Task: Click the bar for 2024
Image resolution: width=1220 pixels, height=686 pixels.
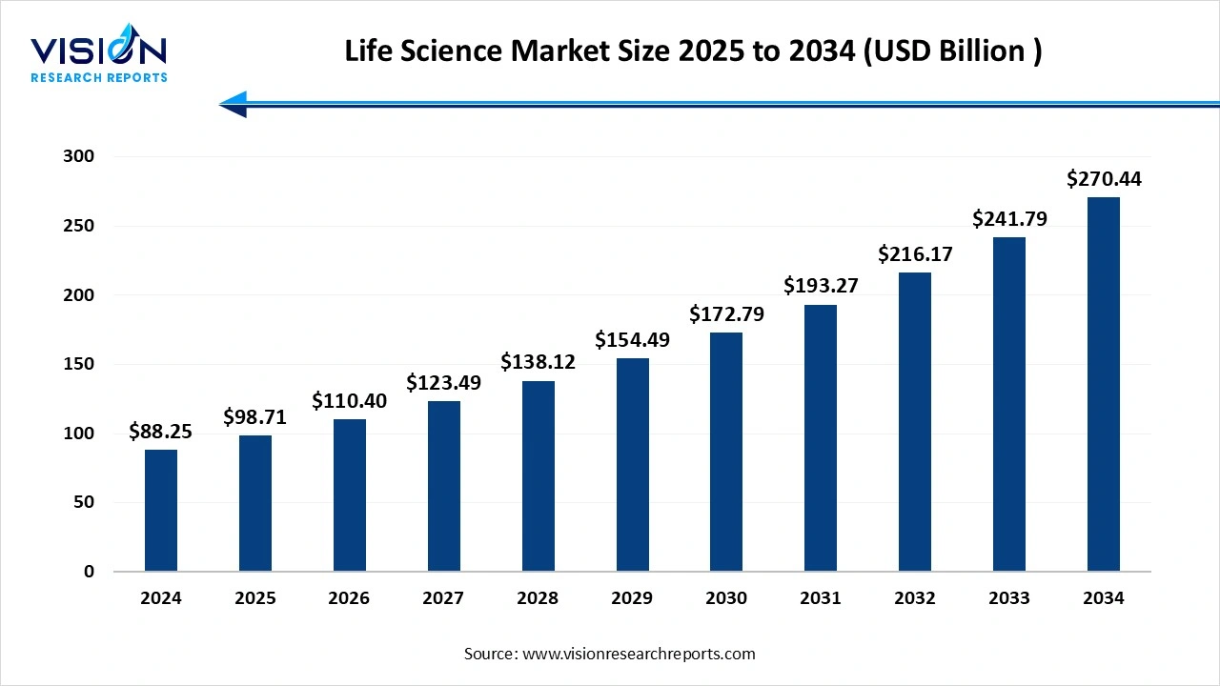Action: (161, 511)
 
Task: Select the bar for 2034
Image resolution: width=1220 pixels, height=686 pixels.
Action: (1103, 385)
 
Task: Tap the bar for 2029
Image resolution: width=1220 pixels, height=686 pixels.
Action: (632, 465)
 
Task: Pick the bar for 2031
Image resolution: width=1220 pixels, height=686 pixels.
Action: (821, 438)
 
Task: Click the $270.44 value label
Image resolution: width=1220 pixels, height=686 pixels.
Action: (1104, 179)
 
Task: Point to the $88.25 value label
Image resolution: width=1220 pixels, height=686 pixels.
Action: (161, 432)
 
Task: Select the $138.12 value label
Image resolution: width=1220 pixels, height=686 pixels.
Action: (538, 362)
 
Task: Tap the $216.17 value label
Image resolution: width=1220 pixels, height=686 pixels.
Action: (915, 254)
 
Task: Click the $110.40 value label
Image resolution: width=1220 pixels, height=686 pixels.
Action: (350, 401)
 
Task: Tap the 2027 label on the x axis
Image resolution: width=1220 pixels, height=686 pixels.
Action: (443, 598)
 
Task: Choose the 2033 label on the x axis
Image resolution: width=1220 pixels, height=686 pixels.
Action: (1008, 598)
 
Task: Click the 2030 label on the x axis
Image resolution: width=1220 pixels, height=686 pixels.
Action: (726, 598)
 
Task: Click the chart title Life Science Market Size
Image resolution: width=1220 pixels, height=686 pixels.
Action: (693, 51)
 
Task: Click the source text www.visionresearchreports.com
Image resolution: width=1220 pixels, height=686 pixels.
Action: (610, 654)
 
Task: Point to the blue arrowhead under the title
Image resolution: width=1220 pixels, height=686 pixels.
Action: (234, 104)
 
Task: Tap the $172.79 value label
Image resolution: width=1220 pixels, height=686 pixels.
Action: (726, 313)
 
